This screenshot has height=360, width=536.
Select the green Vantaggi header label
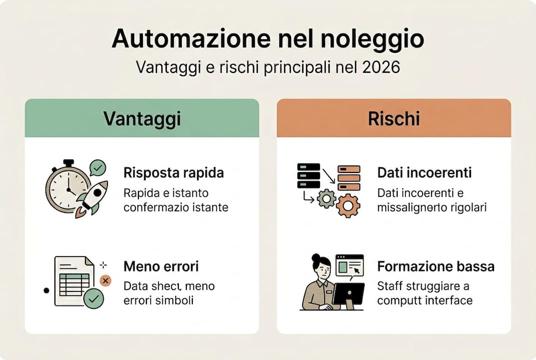142,118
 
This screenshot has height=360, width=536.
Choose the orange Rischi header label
394,118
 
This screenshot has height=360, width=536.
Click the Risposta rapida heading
173,173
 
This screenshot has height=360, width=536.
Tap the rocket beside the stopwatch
93,197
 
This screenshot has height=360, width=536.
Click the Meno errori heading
161,266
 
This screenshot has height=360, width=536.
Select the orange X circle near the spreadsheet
105,280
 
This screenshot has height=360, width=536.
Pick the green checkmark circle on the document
93,299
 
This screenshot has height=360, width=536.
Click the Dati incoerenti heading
425,173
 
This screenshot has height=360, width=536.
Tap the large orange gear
348,205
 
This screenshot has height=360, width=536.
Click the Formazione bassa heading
436,266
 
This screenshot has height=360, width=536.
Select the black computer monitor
348,294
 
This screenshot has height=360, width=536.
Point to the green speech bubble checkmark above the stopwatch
97,167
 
